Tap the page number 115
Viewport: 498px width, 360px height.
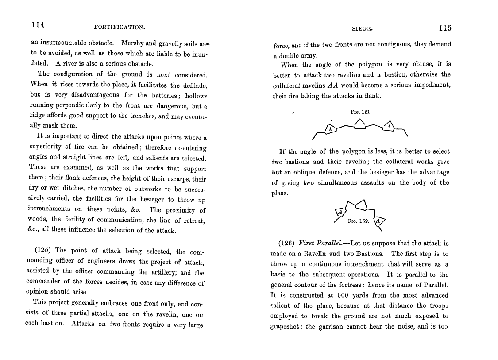click(445, 28)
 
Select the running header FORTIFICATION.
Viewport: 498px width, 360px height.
click(120, 27)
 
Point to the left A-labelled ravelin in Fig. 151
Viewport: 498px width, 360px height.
click(330, 128)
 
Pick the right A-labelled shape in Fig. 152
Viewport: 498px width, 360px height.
click(379, 221)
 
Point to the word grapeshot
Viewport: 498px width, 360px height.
click(286, 327)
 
